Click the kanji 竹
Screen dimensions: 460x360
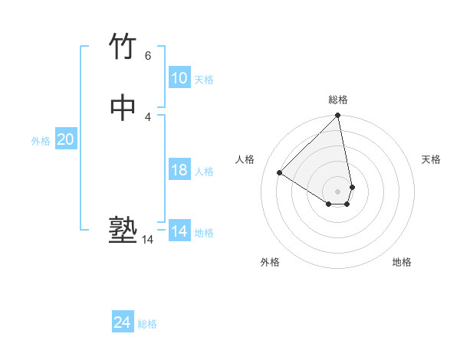pyautogui.click(x=123, y=46)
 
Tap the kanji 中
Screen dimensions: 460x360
pyautogui.click(x=123, y=108)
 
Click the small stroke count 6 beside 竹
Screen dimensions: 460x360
pyautogui.click(x=147, y=56)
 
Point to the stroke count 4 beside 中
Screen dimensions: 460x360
pyautogui.click(x=147, y=117)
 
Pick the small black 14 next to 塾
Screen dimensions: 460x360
pyautogui.click(x=147, y=240)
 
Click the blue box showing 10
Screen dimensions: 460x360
pyautogui.click(x=179, y=78)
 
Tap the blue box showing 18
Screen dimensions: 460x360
pyautogui.click(x=179, y=170)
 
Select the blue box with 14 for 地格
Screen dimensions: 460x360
pyautogui.click(x=179, y=231)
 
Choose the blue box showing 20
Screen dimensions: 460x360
pyautogui.click(x=65, y=139)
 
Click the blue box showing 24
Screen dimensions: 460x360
pyautogui.click(x=123, y=322)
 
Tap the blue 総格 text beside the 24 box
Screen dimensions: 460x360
pyautogui.click(x=147, y=324)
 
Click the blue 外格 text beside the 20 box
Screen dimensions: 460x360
pyautogui.click(x=41, y=141)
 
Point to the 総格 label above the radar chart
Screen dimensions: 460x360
pyautogui.click(x=338, y=100)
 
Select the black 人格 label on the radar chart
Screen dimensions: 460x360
pyautogui.click(x=245, y=159)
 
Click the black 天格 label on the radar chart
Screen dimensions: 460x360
pyautogui.click(x=431, y=159)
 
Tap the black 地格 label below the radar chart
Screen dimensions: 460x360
pyautogui.click(x=402, y=262)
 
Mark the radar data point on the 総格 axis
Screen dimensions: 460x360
pyautogui.click(x=338, y=116)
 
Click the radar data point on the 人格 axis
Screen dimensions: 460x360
pyautogui.click(x=280, y=173)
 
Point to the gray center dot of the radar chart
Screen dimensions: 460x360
pyautogui.click(x=338, y=191)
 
